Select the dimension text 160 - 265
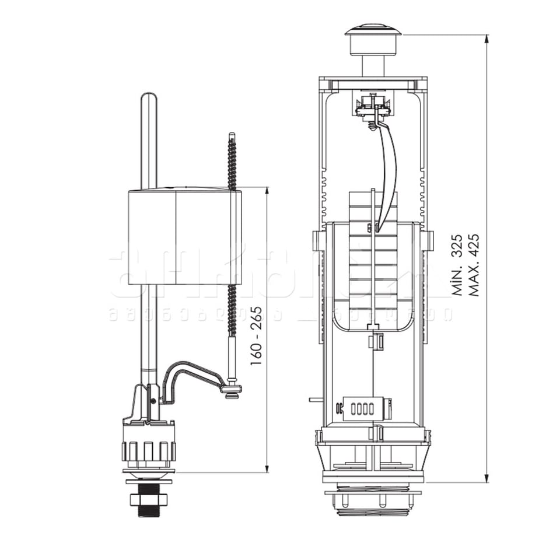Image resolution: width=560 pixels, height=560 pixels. [256, 335]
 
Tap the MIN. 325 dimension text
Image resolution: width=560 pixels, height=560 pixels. [458, 265]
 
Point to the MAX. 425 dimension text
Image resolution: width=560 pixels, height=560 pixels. [475, 265]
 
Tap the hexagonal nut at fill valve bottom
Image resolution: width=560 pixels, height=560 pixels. [148, 499]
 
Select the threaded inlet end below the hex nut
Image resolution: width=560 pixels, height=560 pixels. [148, 512]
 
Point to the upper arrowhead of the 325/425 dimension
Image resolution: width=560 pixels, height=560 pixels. [487, 39]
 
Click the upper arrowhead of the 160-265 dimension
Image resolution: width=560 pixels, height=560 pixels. [267, 191]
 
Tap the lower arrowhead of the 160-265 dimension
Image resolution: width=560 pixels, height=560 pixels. [267, 468]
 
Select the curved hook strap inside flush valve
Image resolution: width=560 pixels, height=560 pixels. [388, 175]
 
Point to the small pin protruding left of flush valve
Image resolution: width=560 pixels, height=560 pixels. [314, 401]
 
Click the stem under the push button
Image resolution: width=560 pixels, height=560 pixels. [373, 64]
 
